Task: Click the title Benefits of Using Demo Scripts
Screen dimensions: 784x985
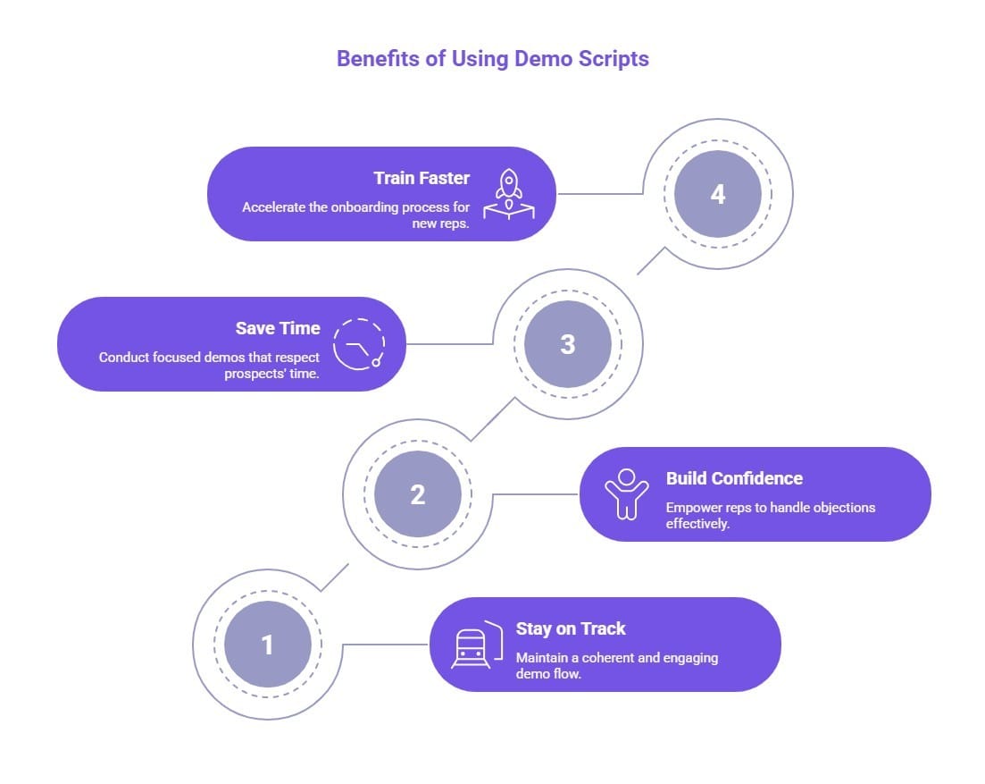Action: point(492,59)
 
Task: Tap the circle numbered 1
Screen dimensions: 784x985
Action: point(267,644)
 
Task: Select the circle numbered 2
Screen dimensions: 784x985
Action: point(417,493)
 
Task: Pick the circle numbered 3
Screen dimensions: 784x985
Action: point(567,344)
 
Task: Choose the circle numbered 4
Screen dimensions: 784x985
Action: point(717,194)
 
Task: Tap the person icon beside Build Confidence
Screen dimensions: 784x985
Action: point(626,493)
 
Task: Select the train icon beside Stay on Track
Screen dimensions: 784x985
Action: point(472,644)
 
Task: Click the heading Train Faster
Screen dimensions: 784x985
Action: point(422,178)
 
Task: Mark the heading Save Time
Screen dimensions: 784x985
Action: point(278,328)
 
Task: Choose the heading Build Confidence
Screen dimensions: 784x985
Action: point(734,478)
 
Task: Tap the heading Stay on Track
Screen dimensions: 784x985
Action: point(571,628)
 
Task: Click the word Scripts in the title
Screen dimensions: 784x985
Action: point(615,59)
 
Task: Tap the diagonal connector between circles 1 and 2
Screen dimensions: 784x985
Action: point(334,577)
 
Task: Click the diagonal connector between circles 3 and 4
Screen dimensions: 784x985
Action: point(651,260)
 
